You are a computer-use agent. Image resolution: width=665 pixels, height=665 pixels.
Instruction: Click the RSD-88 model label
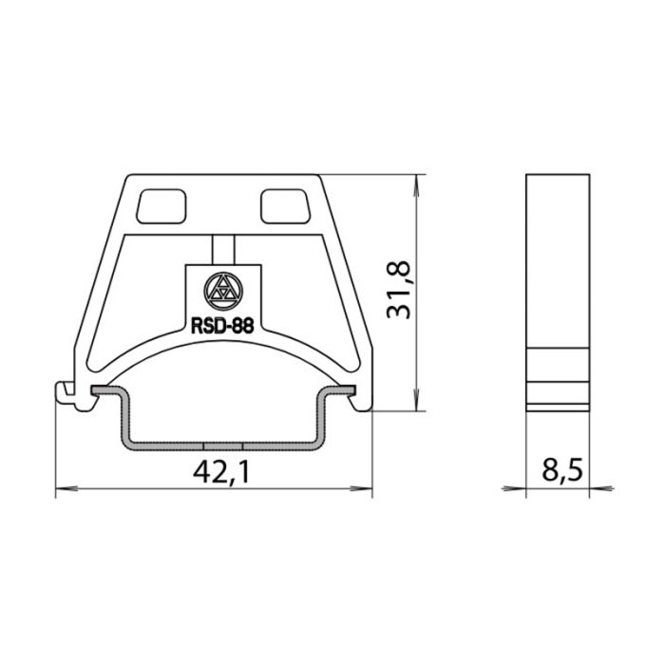point(222,326)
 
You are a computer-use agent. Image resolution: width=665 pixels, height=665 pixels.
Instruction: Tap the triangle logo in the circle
point(223,292)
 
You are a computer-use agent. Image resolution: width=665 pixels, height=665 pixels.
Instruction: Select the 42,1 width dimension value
point(221,472)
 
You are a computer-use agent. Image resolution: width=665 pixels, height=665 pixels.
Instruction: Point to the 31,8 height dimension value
point(399,290)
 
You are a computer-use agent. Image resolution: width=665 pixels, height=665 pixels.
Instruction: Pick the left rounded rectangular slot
point(161,206)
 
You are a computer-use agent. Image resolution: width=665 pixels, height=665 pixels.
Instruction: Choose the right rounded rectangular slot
point(285,206)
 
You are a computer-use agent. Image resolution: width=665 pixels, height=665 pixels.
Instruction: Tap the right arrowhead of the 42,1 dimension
point(361,488)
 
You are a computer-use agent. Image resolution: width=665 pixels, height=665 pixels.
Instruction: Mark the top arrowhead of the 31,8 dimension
point(418,185)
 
